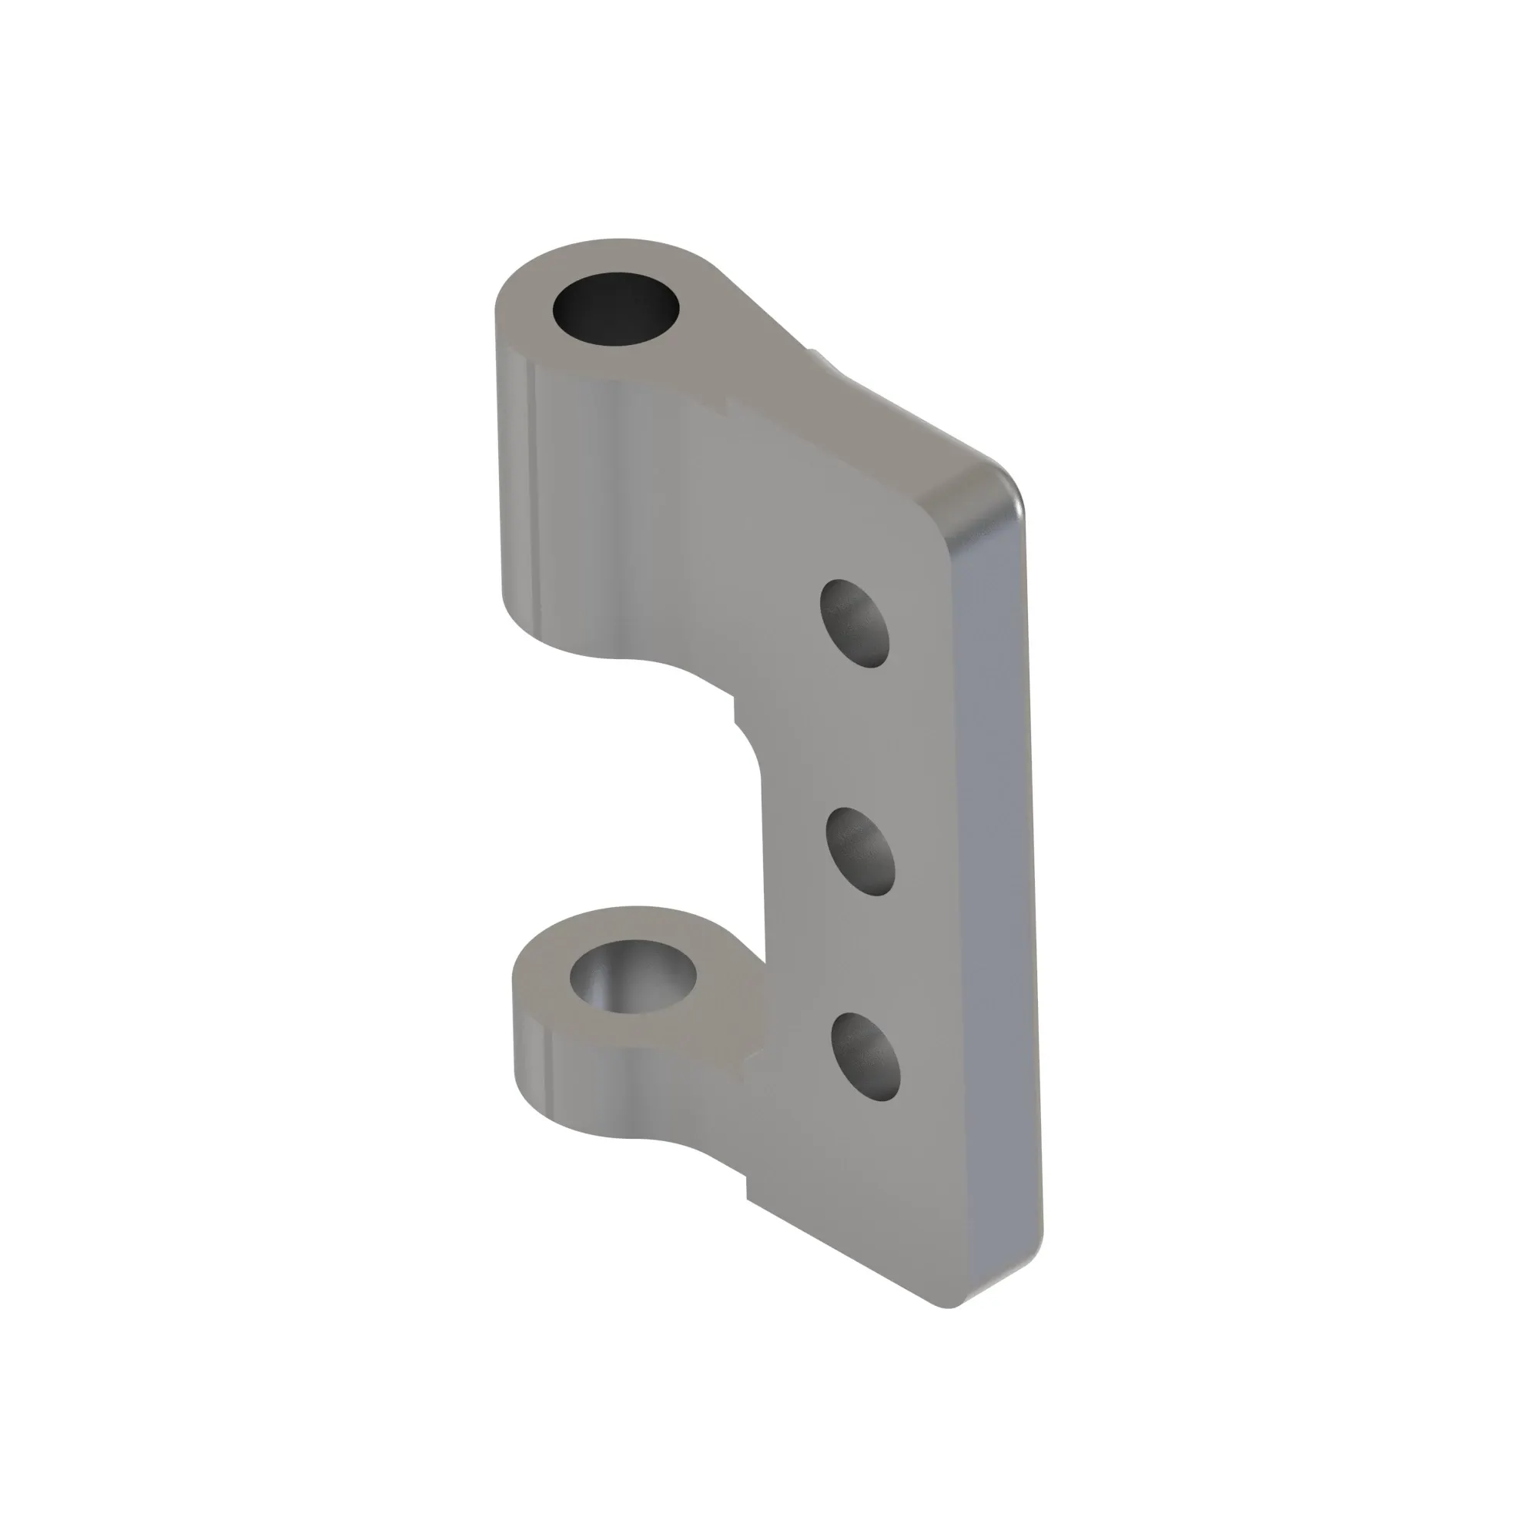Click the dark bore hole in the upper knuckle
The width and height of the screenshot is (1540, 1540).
(x=615, y=309)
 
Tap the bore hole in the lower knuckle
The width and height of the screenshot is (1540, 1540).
(x=633, y=976)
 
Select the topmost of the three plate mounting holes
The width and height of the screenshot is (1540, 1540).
(x=855, y=622)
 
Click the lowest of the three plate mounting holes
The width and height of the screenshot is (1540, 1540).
(x=865, y=1057)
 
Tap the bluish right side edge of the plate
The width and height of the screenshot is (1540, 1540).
(x=996, y=877)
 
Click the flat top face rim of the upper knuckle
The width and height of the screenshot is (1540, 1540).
(x=526, y=319)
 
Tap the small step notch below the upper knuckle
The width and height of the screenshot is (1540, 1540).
(x=734, y=708)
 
